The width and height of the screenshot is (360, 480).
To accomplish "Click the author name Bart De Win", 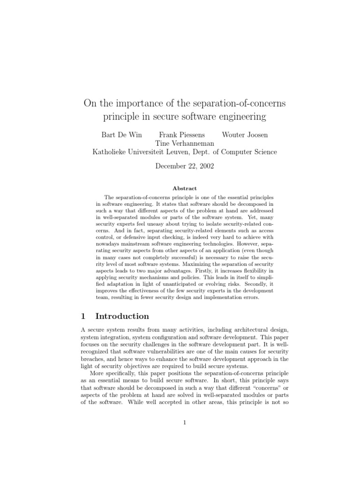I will point(121,135).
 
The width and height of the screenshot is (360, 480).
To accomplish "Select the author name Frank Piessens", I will point(182,135).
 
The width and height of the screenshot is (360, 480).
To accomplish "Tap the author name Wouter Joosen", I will point(245,135).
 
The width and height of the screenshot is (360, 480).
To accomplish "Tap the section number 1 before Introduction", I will point(83,316).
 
